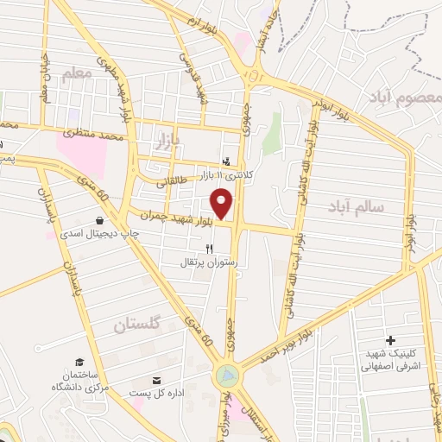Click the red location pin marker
click(223, 204)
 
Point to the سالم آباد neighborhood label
click(355, 206)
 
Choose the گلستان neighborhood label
click(138, 325)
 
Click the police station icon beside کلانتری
click(226, 161)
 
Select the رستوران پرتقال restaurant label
click(208, 261)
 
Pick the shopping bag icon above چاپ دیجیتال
click(102, 220)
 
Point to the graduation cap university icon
click(79, 362)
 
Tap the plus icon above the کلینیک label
click(391, 342)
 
